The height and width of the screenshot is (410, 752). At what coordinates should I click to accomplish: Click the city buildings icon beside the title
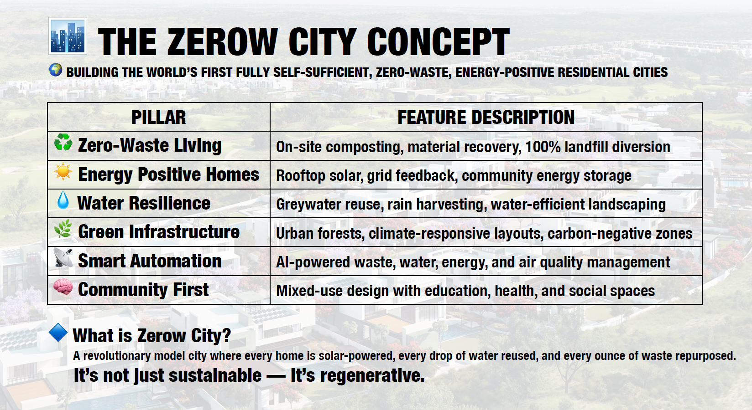tap(68, 36)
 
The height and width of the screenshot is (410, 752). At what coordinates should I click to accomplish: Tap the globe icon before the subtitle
tap(56, 70)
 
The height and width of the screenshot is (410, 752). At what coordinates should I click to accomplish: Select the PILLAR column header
tap(158, 118)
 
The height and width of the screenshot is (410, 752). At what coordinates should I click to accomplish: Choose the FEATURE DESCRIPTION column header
tap(486, 118)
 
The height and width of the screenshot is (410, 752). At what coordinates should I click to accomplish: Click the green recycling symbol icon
tap(63, 142)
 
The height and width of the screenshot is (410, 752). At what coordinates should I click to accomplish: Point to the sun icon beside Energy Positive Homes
tap(63, 172)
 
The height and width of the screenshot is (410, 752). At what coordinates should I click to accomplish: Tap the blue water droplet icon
tap(63, 200)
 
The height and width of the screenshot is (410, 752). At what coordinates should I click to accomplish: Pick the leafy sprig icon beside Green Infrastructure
tap(63, 229)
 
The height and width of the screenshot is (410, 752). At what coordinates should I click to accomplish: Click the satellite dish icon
tap(63, 257)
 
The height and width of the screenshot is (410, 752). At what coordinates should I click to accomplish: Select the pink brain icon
tap(63, 287)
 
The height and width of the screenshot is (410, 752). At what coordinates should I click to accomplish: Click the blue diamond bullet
tap(58, 333)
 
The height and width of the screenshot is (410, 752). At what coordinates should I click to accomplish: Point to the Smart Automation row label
tap(150, 261)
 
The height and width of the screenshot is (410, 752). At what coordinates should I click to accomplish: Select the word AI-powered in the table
tap(313, 262)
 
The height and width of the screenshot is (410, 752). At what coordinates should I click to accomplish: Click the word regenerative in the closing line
tap(372, 376)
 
